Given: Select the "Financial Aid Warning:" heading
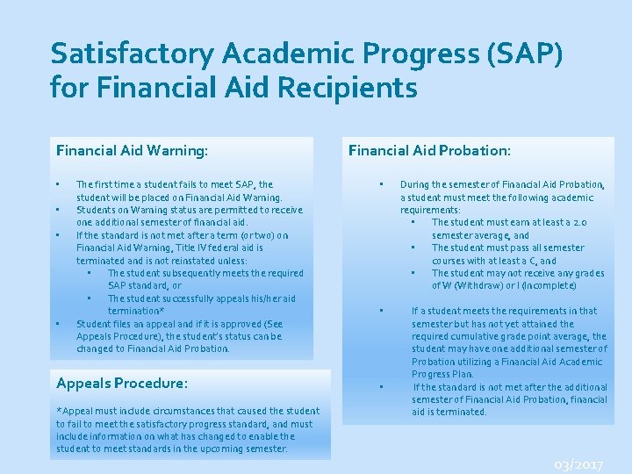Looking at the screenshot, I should [x=132, y=151].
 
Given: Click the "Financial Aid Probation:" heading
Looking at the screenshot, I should [x=429, y=150].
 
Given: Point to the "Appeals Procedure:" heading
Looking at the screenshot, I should [x=122, y=384].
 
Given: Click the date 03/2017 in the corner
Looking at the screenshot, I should [x=578, y=463].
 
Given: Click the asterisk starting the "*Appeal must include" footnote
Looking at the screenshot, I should [x=58, y=411].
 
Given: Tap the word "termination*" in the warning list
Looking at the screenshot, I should [x=136, y=312].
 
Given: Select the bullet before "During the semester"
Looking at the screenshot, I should [x=381, y=184].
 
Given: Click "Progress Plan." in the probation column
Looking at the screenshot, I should [x=443, y=374].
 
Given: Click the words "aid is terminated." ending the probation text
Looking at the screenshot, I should [x=449, y=412].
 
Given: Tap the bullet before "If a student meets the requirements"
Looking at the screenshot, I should [x=381, y=311].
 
